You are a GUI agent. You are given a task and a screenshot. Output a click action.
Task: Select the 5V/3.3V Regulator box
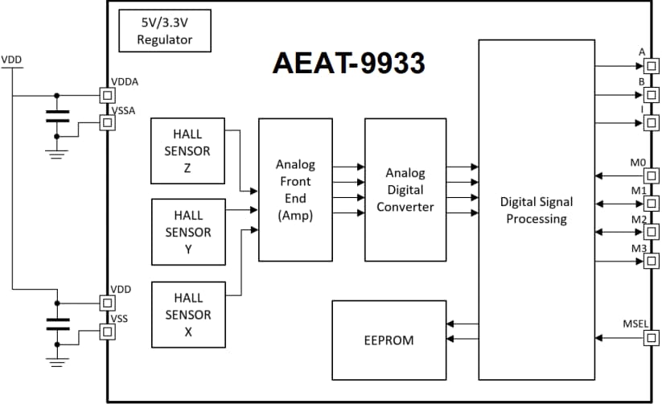click(x=165, y=31)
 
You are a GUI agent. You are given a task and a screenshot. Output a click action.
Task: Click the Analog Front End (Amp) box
click(x=295, y=189)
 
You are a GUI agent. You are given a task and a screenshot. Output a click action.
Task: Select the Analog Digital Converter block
click(x=405, y=189)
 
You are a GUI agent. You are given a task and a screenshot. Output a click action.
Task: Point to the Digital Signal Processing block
click(x=536, y=209)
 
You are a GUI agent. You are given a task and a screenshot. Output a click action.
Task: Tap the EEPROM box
click(x=389, y=340)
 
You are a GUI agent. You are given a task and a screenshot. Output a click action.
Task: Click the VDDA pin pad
click(x=106, y=95)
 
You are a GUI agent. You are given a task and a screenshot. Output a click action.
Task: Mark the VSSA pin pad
click(x=106, y=122)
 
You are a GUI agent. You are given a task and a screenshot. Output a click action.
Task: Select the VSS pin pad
click(x=106, y=331)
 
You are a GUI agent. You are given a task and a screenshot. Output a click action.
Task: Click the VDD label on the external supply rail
click(x=12, y=60)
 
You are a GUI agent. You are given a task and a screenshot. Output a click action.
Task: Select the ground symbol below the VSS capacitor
click(x=56, y=362)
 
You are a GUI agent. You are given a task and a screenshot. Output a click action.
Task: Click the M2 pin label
click(x=639, y=219)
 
